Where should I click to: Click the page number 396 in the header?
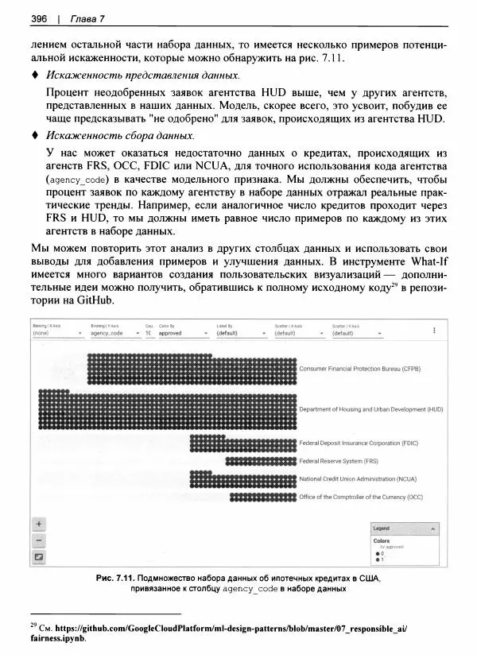39,18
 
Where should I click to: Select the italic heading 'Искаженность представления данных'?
142,75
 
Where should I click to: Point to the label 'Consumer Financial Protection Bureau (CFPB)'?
359,370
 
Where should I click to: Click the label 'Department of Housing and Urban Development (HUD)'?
370,409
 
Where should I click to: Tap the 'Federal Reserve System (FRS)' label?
338,461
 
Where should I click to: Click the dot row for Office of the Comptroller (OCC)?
262,497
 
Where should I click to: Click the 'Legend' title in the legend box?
382,528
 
